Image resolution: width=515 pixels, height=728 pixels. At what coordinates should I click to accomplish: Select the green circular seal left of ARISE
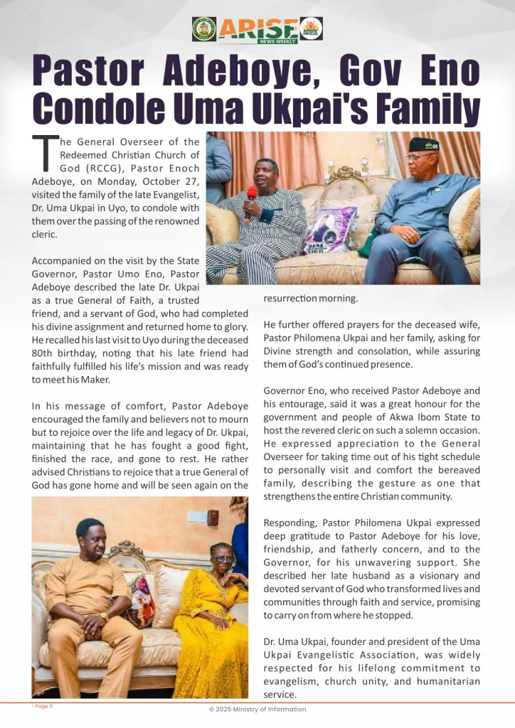[x=204, y=29]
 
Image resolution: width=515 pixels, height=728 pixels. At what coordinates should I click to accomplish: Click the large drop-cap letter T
[x=45, y=154]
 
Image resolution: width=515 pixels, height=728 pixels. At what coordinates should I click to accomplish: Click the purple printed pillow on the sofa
[x=329, y=229]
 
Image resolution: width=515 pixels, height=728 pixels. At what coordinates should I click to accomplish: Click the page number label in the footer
[x=43, y=706]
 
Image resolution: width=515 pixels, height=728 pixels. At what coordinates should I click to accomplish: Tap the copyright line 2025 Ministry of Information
[x=257, y=710]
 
